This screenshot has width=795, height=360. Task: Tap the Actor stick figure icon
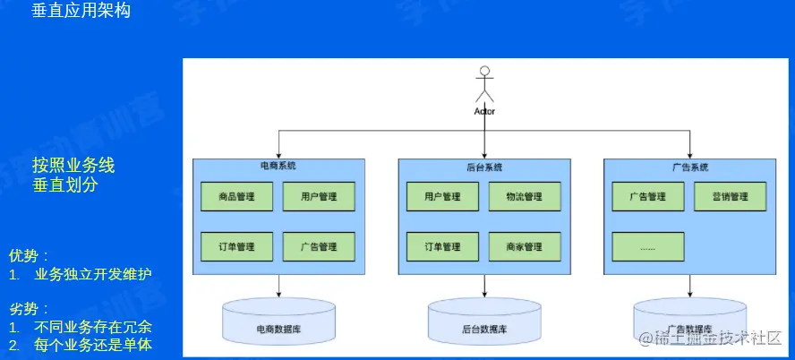[484, 85]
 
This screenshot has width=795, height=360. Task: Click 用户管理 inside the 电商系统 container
[319, 197]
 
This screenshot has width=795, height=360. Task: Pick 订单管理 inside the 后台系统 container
[442, 246]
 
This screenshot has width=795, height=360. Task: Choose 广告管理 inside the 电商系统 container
[319, 246]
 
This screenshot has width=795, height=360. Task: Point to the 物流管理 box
[525, 197]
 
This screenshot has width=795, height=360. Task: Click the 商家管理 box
[525, 246]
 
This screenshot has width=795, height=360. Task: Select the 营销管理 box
[730, 197]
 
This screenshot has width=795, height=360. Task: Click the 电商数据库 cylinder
[278, 321]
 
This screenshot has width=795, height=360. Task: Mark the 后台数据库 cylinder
[484, 321]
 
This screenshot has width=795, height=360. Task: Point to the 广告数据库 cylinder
[689, 321]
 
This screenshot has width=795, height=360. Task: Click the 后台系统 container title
[484, 167]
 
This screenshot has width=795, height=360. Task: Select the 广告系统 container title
[689, 167]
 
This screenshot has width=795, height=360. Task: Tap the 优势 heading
[28, 255]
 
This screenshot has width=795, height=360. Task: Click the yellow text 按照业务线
[73, 166]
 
